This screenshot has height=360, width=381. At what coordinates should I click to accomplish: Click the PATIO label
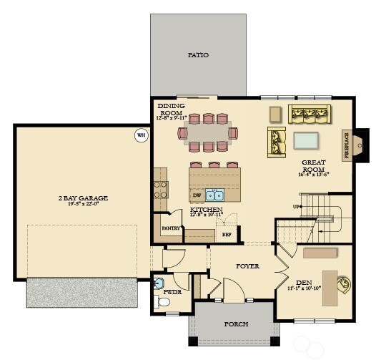click(x=198, y=54)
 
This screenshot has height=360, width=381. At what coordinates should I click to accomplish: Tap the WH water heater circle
click(x=141, y=134)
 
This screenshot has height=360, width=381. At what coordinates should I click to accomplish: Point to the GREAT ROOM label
click(x=313, y=167)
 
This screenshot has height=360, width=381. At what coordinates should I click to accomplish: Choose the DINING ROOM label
click(x=171, y=110)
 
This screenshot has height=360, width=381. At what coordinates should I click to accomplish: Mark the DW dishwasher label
click(x=197, y=195)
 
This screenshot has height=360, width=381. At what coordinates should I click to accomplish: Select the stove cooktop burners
click(x=161, y=189)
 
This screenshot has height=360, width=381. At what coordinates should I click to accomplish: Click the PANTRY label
click(x=170, y=228)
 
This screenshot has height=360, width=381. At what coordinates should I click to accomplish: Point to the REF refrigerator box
click(x=227, y=234)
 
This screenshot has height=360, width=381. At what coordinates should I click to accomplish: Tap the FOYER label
click(x=248, y=266)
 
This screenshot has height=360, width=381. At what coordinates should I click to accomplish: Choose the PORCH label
click(x=236, y=324)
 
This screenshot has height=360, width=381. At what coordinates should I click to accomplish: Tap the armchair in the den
click(x=344, y=284)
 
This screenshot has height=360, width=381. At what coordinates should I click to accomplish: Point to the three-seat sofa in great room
click(x=310, y=113)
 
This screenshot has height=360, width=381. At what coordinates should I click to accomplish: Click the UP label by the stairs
click(x=296, y=207)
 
